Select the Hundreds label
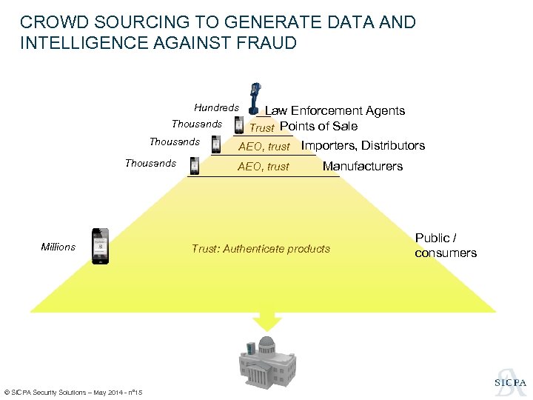tap(216, 107)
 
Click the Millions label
tap(58, 247)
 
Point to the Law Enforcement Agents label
tap(335, 110)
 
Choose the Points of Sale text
tap(318, 126)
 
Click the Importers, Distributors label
tap(363, 145)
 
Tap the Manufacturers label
tap(363, 166)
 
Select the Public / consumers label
tap(446, 245)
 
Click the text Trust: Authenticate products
tap(261, 248)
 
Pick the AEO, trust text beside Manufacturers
tap(264, 167)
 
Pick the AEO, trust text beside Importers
tap(264, 146)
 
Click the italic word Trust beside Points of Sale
tap(262, 127)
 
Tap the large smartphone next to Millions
tap(100, 246)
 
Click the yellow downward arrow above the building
tap(267, 320)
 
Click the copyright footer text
tap(73, 392)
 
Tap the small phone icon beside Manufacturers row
tap(195, 165)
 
